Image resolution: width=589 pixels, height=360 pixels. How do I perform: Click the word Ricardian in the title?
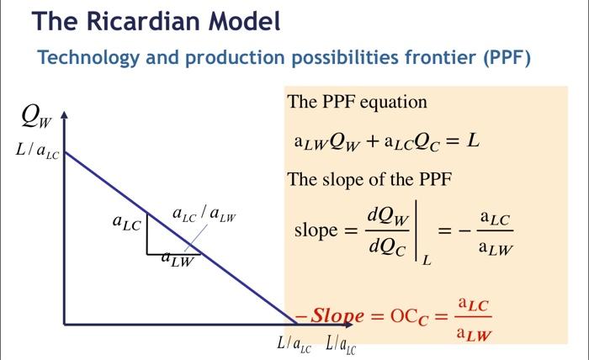(x=144, y=21)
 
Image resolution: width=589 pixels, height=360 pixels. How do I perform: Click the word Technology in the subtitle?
(x=88, y=58)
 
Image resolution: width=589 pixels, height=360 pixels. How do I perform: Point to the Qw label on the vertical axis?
(x=36, y=117)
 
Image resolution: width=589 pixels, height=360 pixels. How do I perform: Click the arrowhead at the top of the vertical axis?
(x=65, y=114)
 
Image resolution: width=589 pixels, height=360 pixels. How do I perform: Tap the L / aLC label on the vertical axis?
(x=37, y=151)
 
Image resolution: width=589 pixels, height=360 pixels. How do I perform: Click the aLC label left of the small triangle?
(x=126, y=222)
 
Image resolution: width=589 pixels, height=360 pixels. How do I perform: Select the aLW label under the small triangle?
(x=178, y=259)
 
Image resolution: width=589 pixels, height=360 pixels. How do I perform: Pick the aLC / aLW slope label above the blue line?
(x=204, y=214)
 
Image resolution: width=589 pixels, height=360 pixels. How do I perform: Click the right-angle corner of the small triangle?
(x=147, y=254)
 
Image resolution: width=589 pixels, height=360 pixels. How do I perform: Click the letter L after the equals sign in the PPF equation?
(x=473, y=141)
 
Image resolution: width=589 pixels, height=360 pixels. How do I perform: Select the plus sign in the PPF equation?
(x=373, y=141)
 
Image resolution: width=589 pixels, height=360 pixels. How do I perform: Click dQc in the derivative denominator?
(x=387, y=247)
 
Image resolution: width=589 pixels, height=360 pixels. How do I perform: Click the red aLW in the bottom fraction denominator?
(x=474, y=334)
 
